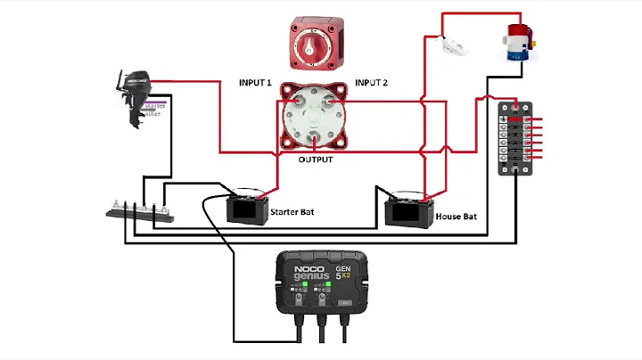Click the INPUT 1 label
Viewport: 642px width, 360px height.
[x=255, y=83]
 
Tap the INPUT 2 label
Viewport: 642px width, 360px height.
[x=371, y=83]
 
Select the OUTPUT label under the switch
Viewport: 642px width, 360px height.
[x=315, y=160]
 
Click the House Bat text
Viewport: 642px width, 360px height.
[x=458, y=217]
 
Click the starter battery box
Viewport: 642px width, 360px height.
[x=246, y=209]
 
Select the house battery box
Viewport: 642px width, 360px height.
[x=407, y=211]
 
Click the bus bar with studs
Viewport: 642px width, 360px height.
[x=138, y=210]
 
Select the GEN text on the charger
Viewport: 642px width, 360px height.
[x=342, y=267]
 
